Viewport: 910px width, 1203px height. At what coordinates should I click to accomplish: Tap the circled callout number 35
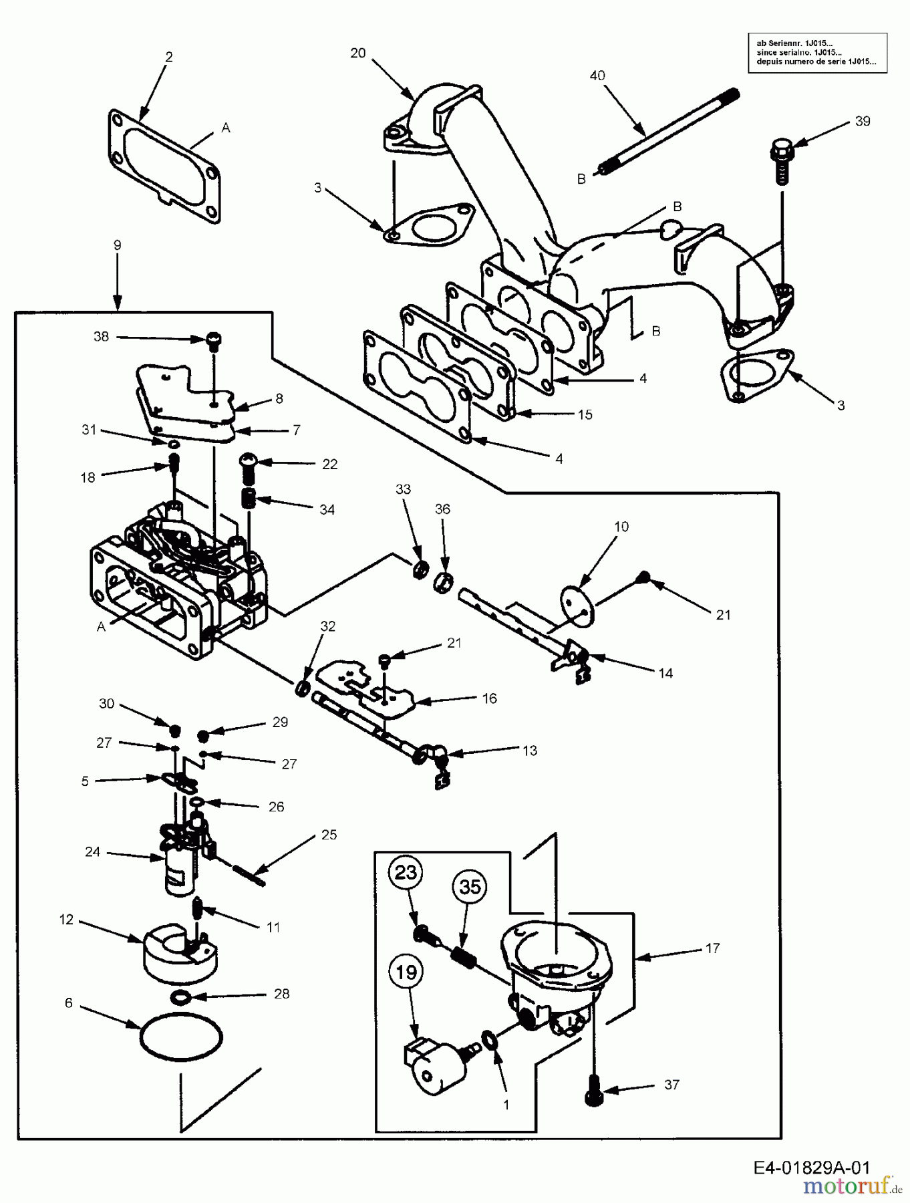470,887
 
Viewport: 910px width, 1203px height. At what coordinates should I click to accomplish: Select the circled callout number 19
406,972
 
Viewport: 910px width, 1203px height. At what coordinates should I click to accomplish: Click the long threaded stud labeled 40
668,132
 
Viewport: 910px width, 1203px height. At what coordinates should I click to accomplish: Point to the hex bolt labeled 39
781,160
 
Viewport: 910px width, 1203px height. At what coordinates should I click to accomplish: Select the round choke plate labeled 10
579,605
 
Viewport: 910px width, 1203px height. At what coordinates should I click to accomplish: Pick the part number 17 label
712,948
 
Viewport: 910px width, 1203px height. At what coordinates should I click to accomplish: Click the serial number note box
817,53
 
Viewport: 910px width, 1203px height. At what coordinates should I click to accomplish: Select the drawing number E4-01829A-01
812,1168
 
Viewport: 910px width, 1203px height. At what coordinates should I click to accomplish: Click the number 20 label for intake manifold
358,53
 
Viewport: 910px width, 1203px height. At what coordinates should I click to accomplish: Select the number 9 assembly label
118,245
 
